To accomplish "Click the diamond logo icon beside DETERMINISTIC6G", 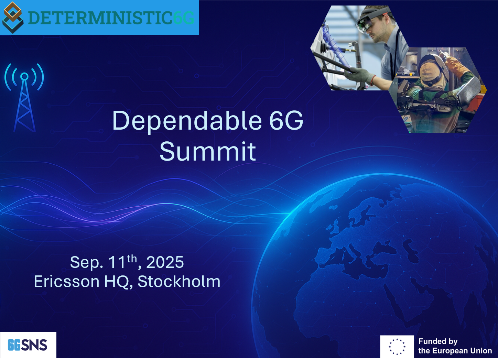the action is pyautogui.click(x=13, y=18).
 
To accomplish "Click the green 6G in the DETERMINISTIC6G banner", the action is pyautogui.click(x=183, y=18).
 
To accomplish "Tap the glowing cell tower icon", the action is pyautogui.click(x=24, y=98).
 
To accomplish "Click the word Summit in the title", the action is pyautogui.click(x=208, y=151).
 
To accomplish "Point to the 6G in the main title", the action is pyautogui.click(x=286, y=120).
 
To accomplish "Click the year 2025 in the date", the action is pyautogui.click(x=165, y=262).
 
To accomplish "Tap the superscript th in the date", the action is pyautogui.click(x=132, y=259).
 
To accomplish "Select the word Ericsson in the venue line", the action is pyautogui.click(x=67, y=282).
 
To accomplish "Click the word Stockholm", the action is pyautogui.click(x=179, y=281).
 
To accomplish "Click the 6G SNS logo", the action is pyautogui.click(x=28, y=345).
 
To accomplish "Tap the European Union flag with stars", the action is pyautogui.click(x=397, y=347).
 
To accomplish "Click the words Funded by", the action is pyautogui.click(x=438, y=341).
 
